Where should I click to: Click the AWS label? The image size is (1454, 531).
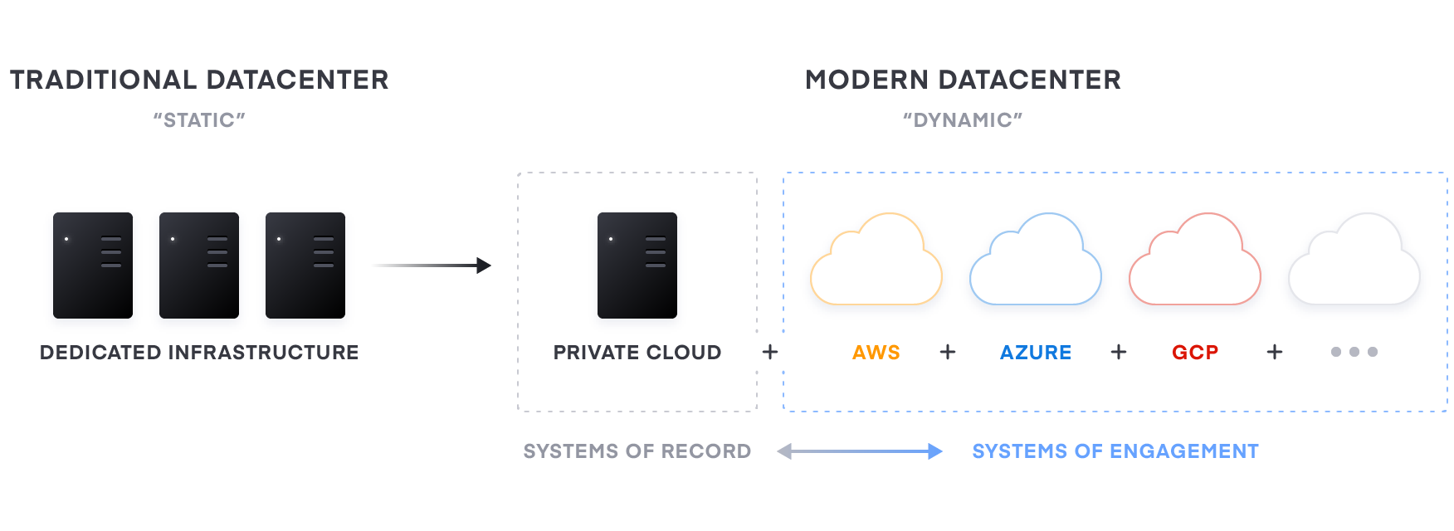[x=876, y=353]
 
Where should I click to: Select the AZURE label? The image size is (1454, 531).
[x=1035, y=353]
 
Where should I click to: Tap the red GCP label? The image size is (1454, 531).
[x=1195, y=353]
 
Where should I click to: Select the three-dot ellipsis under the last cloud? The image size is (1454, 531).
[x=1354, y=352]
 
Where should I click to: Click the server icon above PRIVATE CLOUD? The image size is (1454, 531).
[x=637, y=267]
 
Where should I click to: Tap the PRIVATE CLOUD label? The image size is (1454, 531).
[x=637, y=353]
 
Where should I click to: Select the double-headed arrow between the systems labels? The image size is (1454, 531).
[x=860, y=451]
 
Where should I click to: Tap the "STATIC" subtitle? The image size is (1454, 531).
[x=199, y=120]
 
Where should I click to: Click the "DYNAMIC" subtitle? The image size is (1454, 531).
[x=962, y=120]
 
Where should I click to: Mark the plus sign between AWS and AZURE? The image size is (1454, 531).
[x=948, y=353]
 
